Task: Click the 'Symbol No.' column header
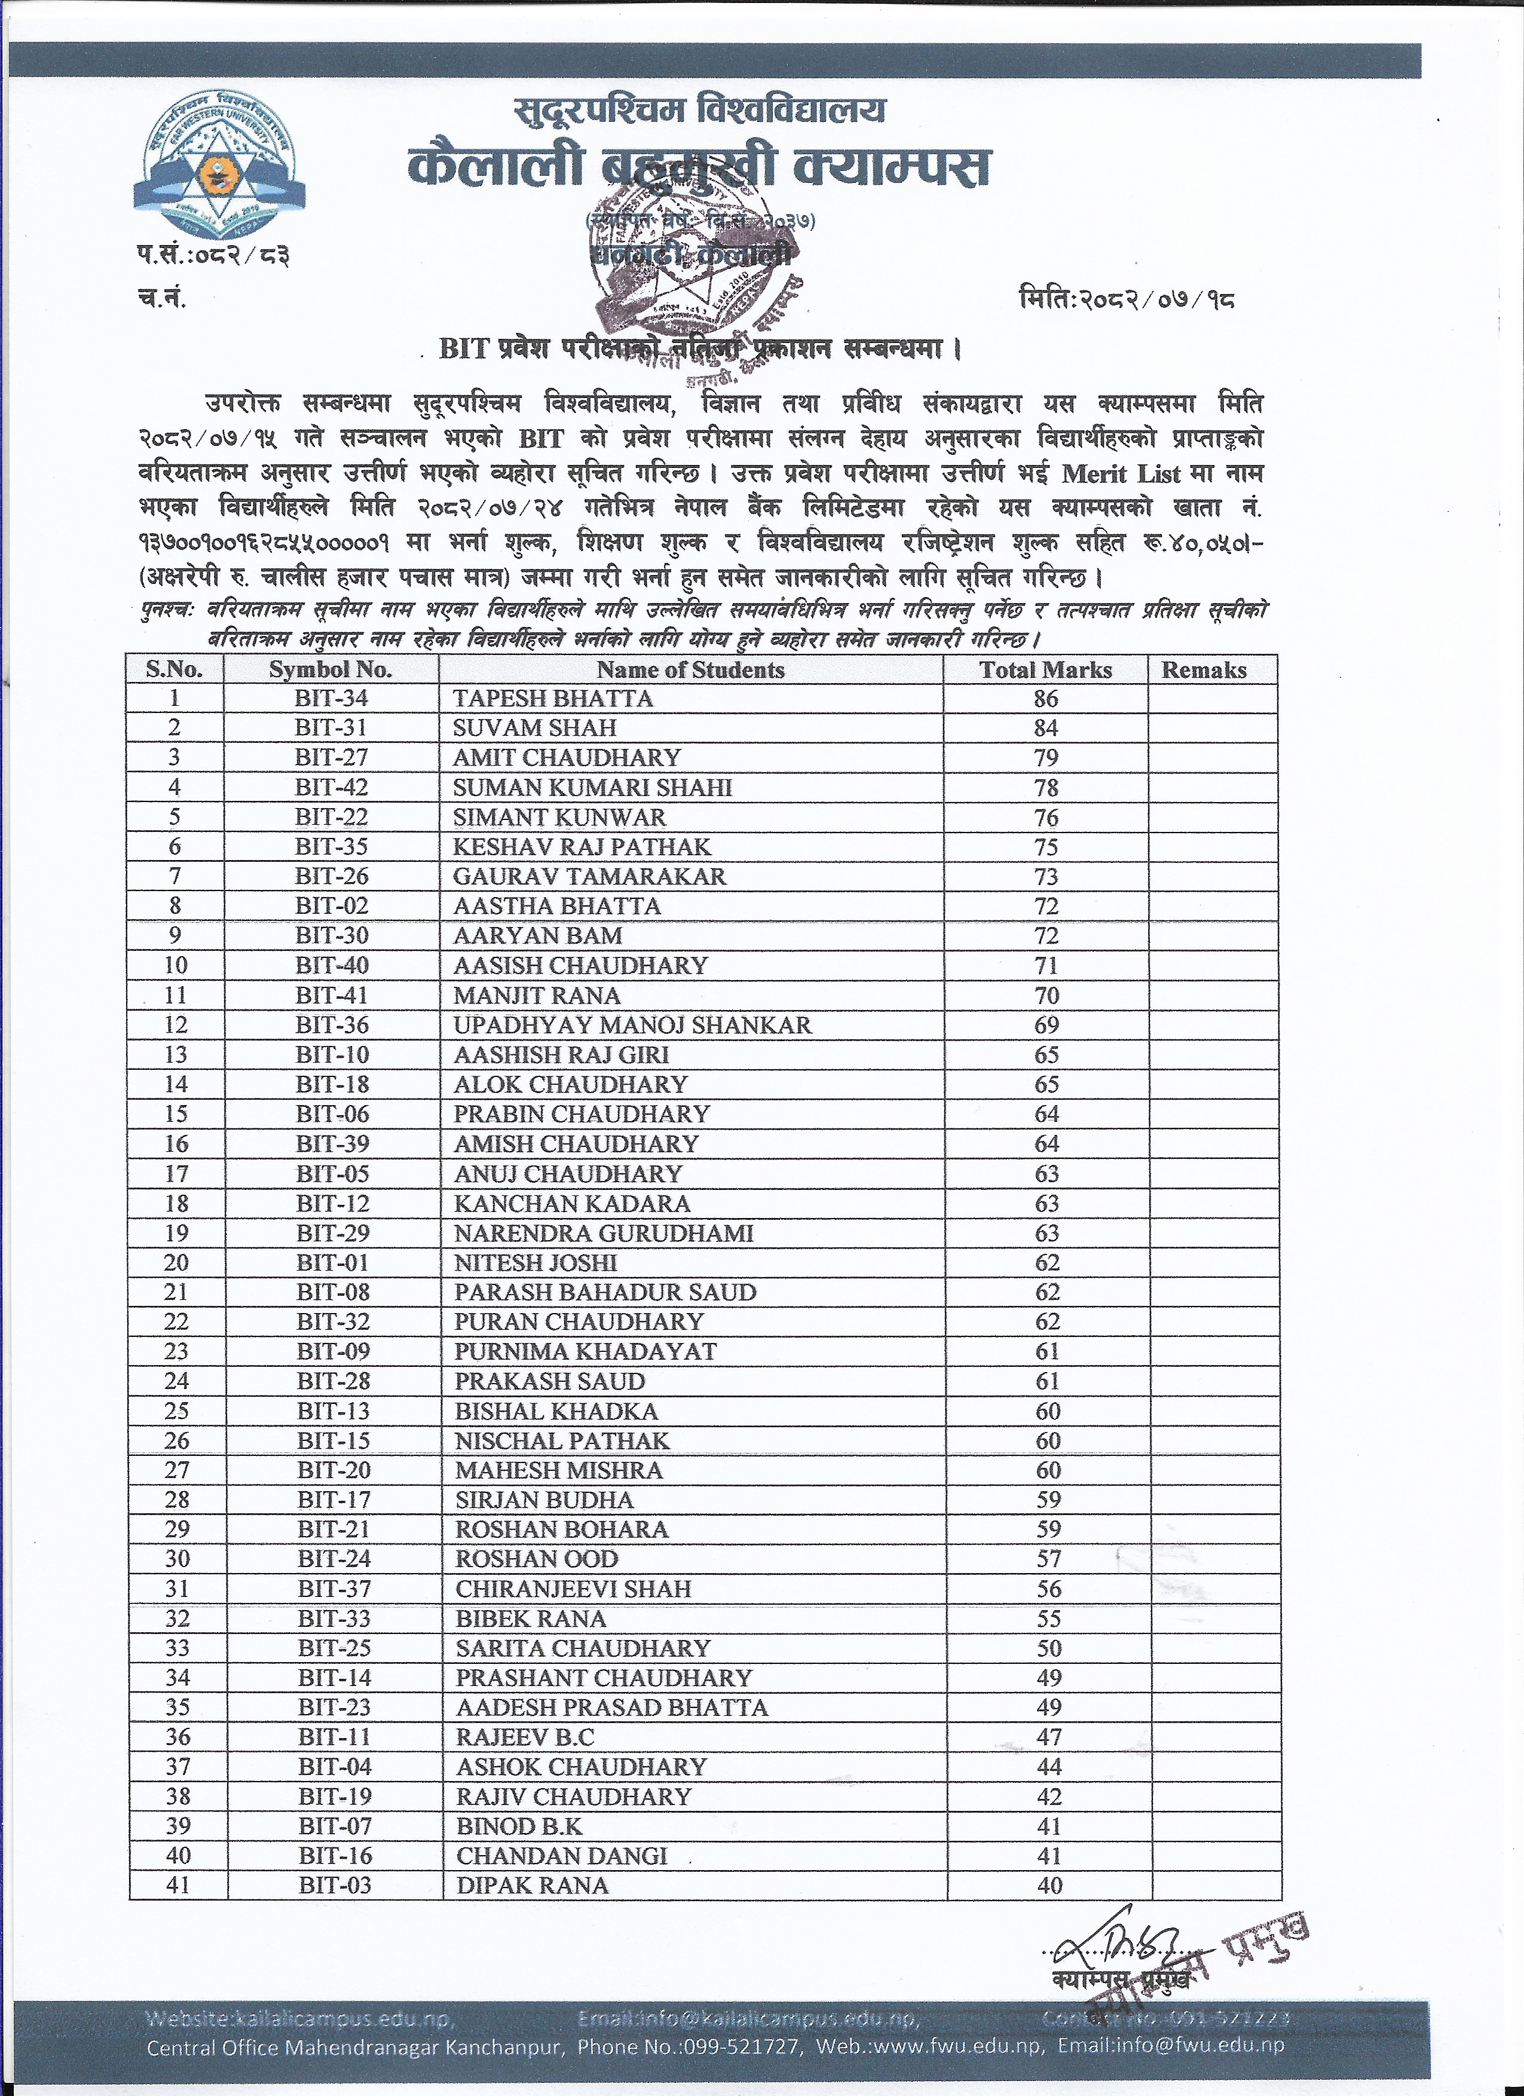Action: (x=330, y=670)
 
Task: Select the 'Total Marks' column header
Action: (x=1045, y=670)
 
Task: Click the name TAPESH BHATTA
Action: (x=553, y=699)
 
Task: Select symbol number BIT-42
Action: (x=331, y=787)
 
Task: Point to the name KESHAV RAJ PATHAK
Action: (x=582, y=846)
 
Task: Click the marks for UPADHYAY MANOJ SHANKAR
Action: (x=1046, y=1025)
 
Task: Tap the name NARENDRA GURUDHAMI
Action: (x=604, y=1233)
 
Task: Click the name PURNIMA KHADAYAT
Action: (x=585, y=1351)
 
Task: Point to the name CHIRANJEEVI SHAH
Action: (x=573, y=1589)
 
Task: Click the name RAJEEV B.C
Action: (x=525, y=1737)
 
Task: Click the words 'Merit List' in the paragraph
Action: (x=1121, y=473)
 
